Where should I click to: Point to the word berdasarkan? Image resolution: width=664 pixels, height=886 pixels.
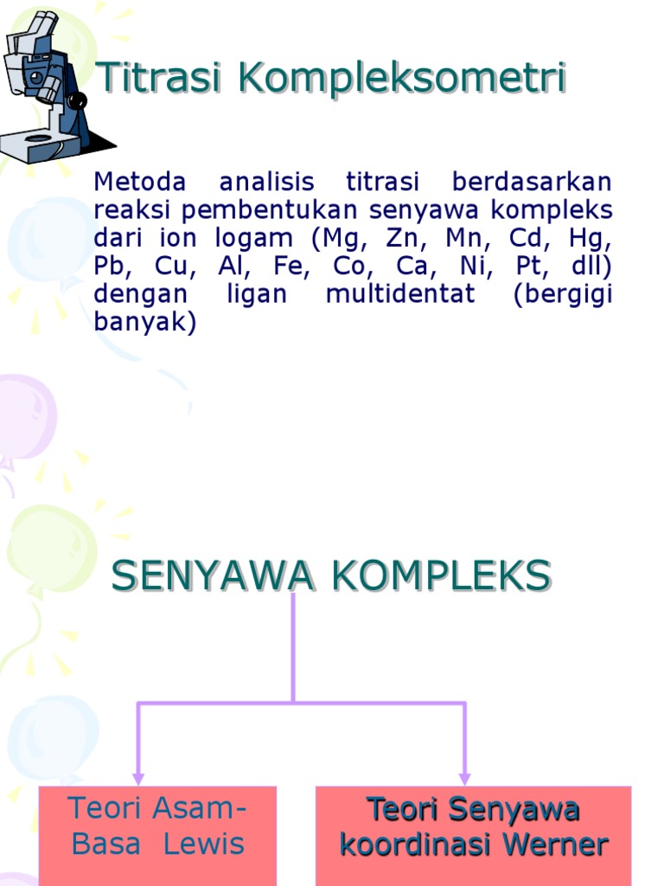coord(531,183)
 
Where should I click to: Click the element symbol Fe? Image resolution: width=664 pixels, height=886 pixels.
coord(291,266)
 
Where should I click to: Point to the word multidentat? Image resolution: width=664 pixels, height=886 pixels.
coord(400,293)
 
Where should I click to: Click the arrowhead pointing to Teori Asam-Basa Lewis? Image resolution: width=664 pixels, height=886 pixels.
coord(138,778)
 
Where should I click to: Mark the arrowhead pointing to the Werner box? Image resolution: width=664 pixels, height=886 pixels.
coord(465,778)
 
